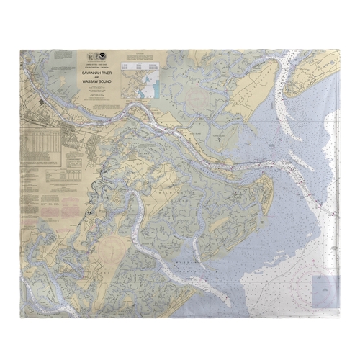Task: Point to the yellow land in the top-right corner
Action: (317, 72)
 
